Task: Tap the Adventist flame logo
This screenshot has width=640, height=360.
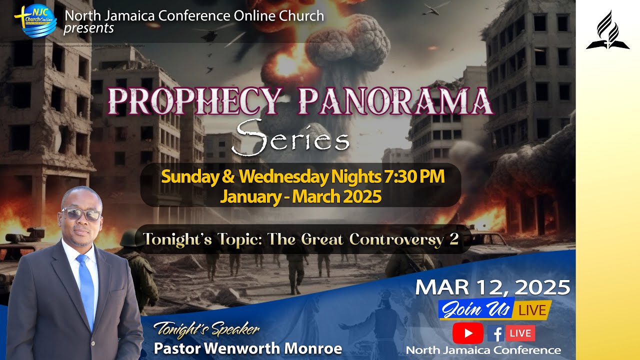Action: pyautogui.click(x=607, y=31)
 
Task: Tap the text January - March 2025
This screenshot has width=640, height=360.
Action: pyautogui.click(x=300, y=196)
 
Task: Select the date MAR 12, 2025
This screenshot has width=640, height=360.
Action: pyautogui.click(x=492, y=287)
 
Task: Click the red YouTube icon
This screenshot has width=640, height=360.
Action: pyautogui.click(x=467, y=333)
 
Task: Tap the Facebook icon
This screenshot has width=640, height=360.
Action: pyautogui.click(x=495, y=333)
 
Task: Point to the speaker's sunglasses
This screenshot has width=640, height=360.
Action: pyautogui.click(x=81, y=214)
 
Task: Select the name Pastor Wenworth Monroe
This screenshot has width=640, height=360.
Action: pyautogui.click(x=248, y=348)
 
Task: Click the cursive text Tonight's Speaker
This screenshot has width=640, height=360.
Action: pyautogui.click(x=206, y=329)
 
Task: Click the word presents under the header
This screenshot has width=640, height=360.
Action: pyautogui.click(x=88, y=28)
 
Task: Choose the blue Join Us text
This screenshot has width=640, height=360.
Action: pyautogui.click(x=475, y=310)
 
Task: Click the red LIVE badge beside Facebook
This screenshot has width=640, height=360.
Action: pyautogui.click(x=520, y=333)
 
